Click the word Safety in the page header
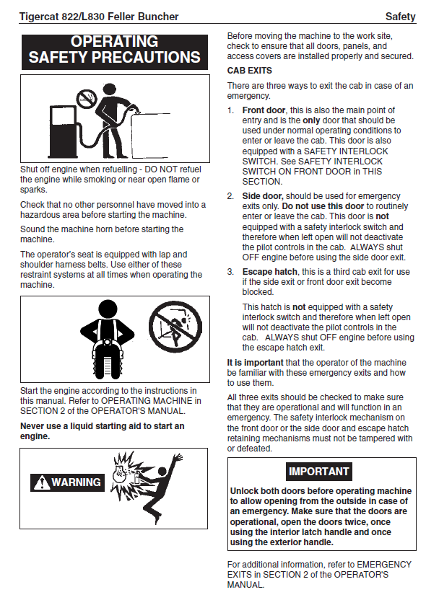400,17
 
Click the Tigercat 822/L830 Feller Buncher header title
99,17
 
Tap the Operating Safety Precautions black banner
115,52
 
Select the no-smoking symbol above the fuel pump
87,98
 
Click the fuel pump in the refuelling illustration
64,132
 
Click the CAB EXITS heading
249,71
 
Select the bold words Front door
264,110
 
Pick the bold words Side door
262,196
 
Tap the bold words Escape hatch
270,272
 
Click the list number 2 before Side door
230,196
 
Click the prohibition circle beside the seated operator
175,327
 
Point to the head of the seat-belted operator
108,309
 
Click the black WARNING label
67,482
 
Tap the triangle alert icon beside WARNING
41,482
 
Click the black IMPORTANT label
318,472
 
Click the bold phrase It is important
255,362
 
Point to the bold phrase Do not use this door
323,206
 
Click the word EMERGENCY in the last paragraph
384,565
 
